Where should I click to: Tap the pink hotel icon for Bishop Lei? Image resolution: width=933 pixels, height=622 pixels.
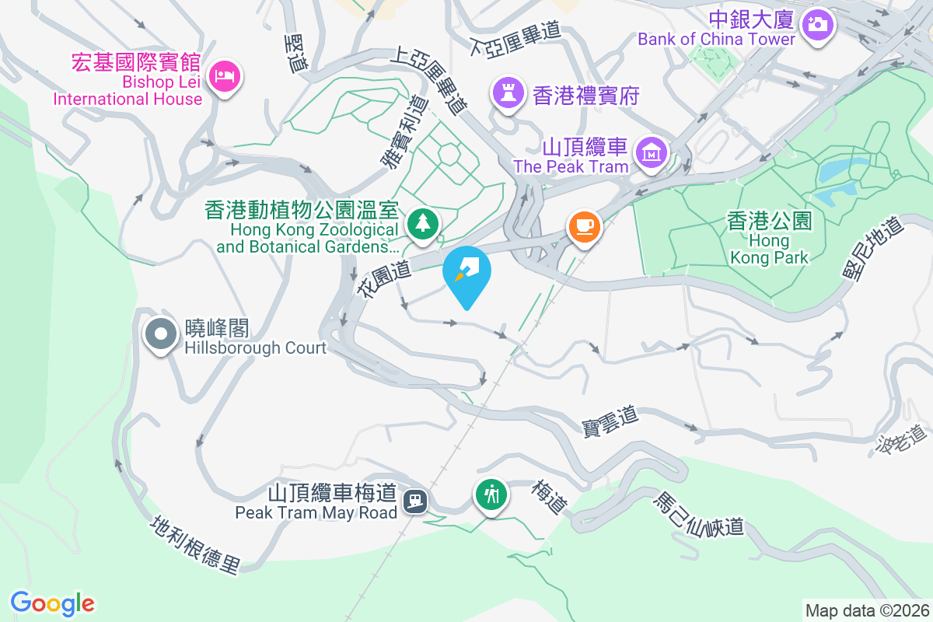click(225, 76)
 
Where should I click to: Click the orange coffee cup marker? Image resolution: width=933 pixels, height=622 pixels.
click(584, 227)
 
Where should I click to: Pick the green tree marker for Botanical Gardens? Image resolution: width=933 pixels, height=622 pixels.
click(423, 224)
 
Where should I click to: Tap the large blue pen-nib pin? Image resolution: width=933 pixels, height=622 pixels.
click(466, 272)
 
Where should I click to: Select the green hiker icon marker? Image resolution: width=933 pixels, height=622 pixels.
click(491, 494)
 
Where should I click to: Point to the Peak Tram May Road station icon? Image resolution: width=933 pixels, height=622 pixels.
click(417, 501)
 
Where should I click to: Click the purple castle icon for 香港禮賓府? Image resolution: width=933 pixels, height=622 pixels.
click(508, 95)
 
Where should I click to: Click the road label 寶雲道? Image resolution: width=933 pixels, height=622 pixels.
click(610, 421)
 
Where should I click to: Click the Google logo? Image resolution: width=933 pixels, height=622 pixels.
click(52, 603)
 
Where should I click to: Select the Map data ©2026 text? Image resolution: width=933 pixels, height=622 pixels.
click(866, 611)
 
